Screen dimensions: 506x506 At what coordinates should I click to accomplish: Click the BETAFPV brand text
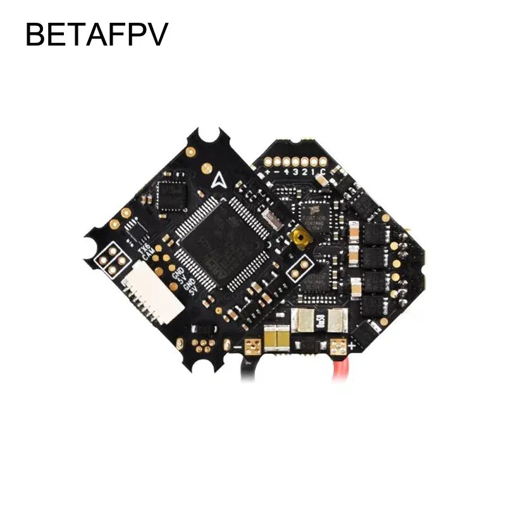coord(96,35)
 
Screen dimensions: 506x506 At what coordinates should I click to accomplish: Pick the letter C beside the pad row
coord(324,173)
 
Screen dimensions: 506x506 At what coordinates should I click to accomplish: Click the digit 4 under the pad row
coord(287,173)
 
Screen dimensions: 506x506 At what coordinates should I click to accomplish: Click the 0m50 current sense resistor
coord(320,323)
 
